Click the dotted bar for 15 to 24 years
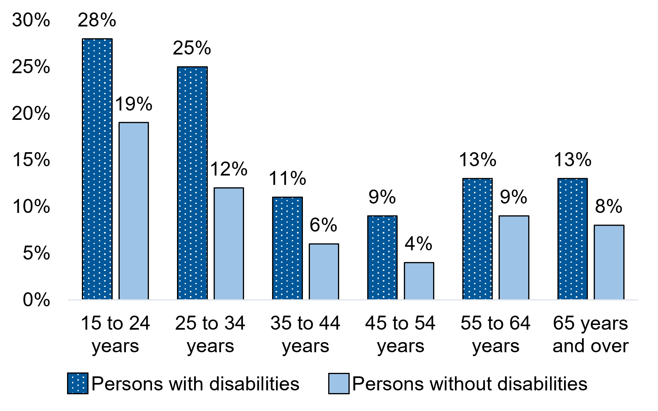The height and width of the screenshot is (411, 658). (x=97, y=169)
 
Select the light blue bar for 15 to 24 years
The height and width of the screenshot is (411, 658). (x=134, y=211)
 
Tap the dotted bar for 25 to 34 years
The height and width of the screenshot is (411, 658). (x=192, y=183)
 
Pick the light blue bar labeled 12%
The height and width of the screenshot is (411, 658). (x=229, y=243)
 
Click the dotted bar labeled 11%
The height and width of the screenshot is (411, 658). (x=287, y=248)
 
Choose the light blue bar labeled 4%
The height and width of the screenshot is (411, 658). (x=419, y=281)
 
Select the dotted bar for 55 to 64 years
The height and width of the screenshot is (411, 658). (x=478, y=239)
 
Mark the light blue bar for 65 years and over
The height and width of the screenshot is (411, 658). (x=609, y=262)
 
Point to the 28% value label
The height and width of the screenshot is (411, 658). (x=97, y=20)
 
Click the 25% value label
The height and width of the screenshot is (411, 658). (x=192, y=48)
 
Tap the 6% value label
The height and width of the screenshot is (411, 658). (x=323, y=225)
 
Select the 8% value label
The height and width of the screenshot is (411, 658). (x=608, y=207)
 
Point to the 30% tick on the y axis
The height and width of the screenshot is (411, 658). (x=31, y=20)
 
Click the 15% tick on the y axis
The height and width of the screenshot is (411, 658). (x=31, y=160)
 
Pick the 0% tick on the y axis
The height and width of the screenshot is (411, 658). (x=36, y=300)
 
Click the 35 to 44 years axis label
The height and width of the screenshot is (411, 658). (x=305, y=334)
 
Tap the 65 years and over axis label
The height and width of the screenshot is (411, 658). (x=591, y=334)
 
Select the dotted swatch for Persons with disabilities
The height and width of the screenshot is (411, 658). (x=78, y=384)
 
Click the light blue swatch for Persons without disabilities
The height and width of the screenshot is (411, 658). (x=338, y=384)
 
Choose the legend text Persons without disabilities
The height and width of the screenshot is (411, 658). (x=470, y=384)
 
